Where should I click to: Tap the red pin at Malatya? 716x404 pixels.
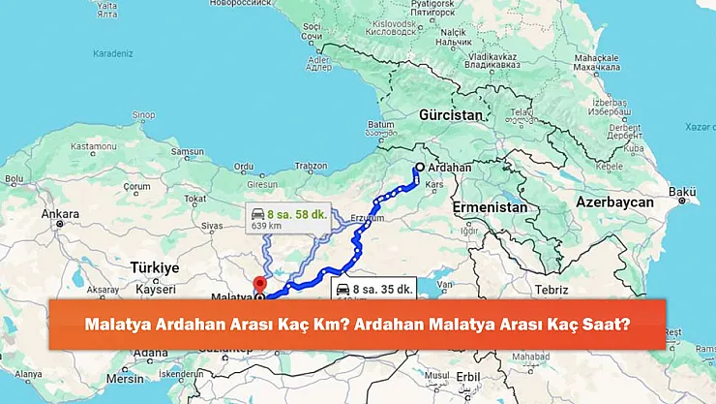coord(258,285)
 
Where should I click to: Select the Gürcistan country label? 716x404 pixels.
coord(450,114)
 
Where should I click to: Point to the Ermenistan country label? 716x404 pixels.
coord(490,207)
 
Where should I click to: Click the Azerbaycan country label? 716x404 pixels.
coord(614,202)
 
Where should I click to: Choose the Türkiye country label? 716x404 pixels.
coord(155,266)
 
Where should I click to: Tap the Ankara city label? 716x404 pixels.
coord(60,213)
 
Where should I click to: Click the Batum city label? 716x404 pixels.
coord(380,125)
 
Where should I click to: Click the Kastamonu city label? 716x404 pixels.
coord(92,145)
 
